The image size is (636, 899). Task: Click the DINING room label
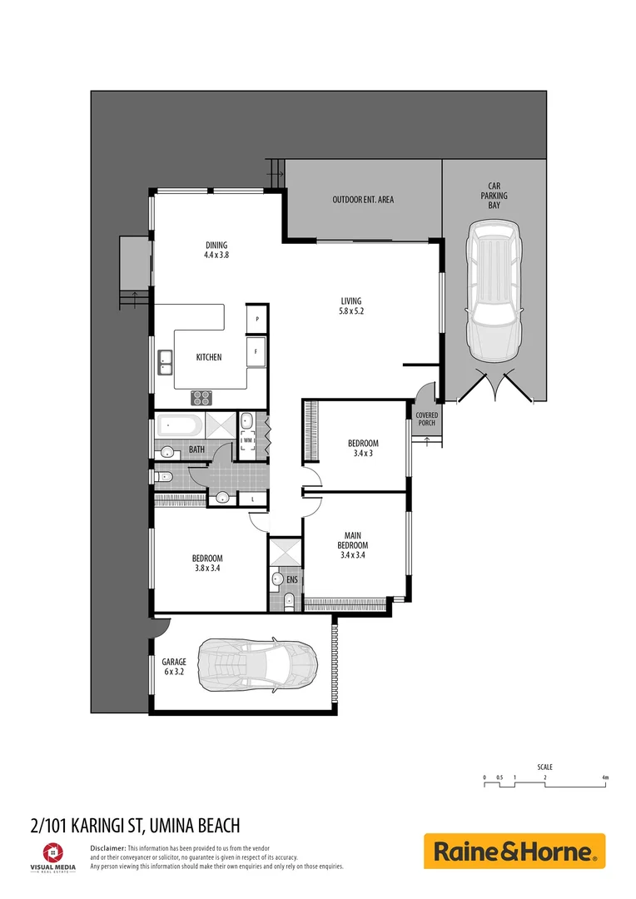[x=216, y=250]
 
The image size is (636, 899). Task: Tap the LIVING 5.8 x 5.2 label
[x=351, y=306]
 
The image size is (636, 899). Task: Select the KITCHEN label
[x=209, y=357]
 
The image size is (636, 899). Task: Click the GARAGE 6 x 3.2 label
[x=175, y=667]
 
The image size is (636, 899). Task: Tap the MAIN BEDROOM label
[x=352, y=545]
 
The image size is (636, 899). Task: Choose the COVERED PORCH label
[x=426, y=419]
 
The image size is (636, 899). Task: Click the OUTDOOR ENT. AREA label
[x=363, y=200]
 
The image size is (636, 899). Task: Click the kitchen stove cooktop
[x=201, y=397]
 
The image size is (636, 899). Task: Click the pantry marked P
[x=257, y=319]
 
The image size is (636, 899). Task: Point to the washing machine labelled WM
[x=248, y=440]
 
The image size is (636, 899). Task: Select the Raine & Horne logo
[x=514, y=852]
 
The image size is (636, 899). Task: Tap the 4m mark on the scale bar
[x=605, y=777]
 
